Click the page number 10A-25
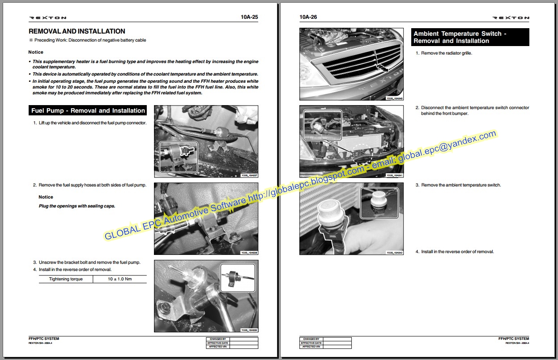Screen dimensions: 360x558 pyautogui.click(x=249, y=17)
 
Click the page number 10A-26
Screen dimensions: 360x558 pyautogui.click(x=308, y=17)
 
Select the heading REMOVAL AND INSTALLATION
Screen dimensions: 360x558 pyautogui.click(x=77, y=31)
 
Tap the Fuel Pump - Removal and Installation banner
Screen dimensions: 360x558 pyautogui.click(x=88, y=110)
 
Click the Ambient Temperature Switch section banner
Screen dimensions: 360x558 pyautogui.click(x=469, y=37)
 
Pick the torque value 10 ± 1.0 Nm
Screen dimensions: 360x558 pyautogui.click(x=120, y=279)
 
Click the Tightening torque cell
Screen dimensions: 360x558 pyautogui.click(x=65, y=279)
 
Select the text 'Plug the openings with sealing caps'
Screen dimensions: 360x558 pyautogui.click(x=77, y=206)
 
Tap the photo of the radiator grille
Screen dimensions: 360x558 pyautogui.click(x=352, y=64)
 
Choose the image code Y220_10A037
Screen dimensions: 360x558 pyautogui.click(x=249, y=176)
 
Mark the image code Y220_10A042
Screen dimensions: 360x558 pyautogui.click(x=394, y=253)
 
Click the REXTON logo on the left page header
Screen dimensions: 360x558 pyautogui.click(x=48, y=18)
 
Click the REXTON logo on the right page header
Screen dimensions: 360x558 pyautogui.click(x=511, y=18)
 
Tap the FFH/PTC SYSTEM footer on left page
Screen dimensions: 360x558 pyautogui.click(x=44, y=339)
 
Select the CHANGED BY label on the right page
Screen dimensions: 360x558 pyautogui.click(x=311, y=339)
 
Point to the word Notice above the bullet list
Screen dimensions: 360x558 pyautogui.click(x=36, y=52)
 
